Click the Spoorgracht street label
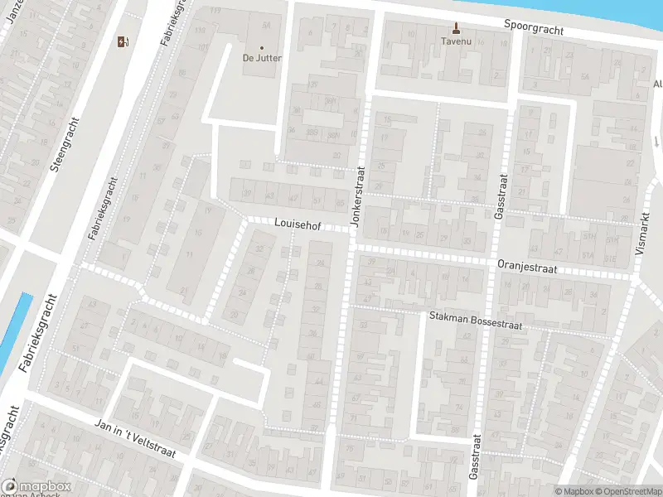point(534,27)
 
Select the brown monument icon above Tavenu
point(455,26)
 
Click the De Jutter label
point(262,58)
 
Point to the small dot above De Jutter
point(262,48)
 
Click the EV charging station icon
point(123,42)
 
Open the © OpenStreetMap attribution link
point(628,491)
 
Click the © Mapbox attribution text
point(574,491)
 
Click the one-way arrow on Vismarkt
point(655,141)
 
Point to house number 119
point(216,11)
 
